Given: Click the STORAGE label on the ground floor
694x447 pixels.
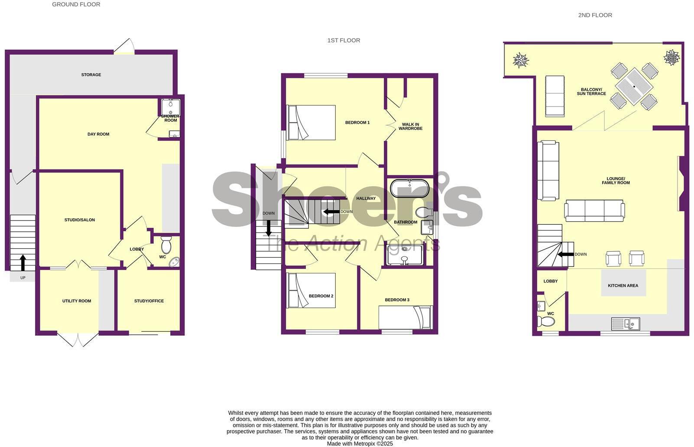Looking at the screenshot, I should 91,75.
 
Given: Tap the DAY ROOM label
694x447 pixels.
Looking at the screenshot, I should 98,134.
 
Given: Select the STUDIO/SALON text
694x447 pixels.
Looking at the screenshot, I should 80,220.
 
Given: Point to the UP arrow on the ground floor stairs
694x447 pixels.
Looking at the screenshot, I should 23,262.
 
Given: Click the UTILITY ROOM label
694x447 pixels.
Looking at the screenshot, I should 77,301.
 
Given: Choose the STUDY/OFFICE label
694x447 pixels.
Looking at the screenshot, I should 149,301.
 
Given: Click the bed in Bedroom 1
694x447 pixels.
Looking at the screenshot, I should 311,123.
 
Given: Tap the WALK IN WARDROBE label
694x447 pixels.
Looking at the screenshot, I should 410,126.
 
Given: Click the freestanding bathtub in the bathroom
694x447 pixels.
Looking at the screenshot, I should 409,188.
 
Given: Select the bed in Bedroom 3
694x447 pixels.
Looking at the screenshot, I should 405,317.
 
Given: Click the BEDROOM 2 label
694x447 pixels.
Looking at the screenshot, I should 321,296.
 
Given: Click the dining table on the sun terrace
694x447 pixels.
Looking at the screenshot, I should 634,87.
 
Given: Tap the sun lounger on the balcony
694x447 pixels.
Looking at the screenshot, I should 555,96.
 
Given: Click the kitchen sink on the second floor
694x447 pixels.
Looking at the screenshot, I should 625,324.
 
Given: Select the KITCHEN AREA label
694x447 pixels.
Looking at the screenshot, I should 623,286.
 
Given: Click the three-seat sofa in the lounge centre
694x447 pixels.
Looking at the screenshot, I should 594,211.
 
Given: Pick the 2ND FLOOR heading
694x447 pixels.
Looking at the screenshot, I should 595,15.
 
